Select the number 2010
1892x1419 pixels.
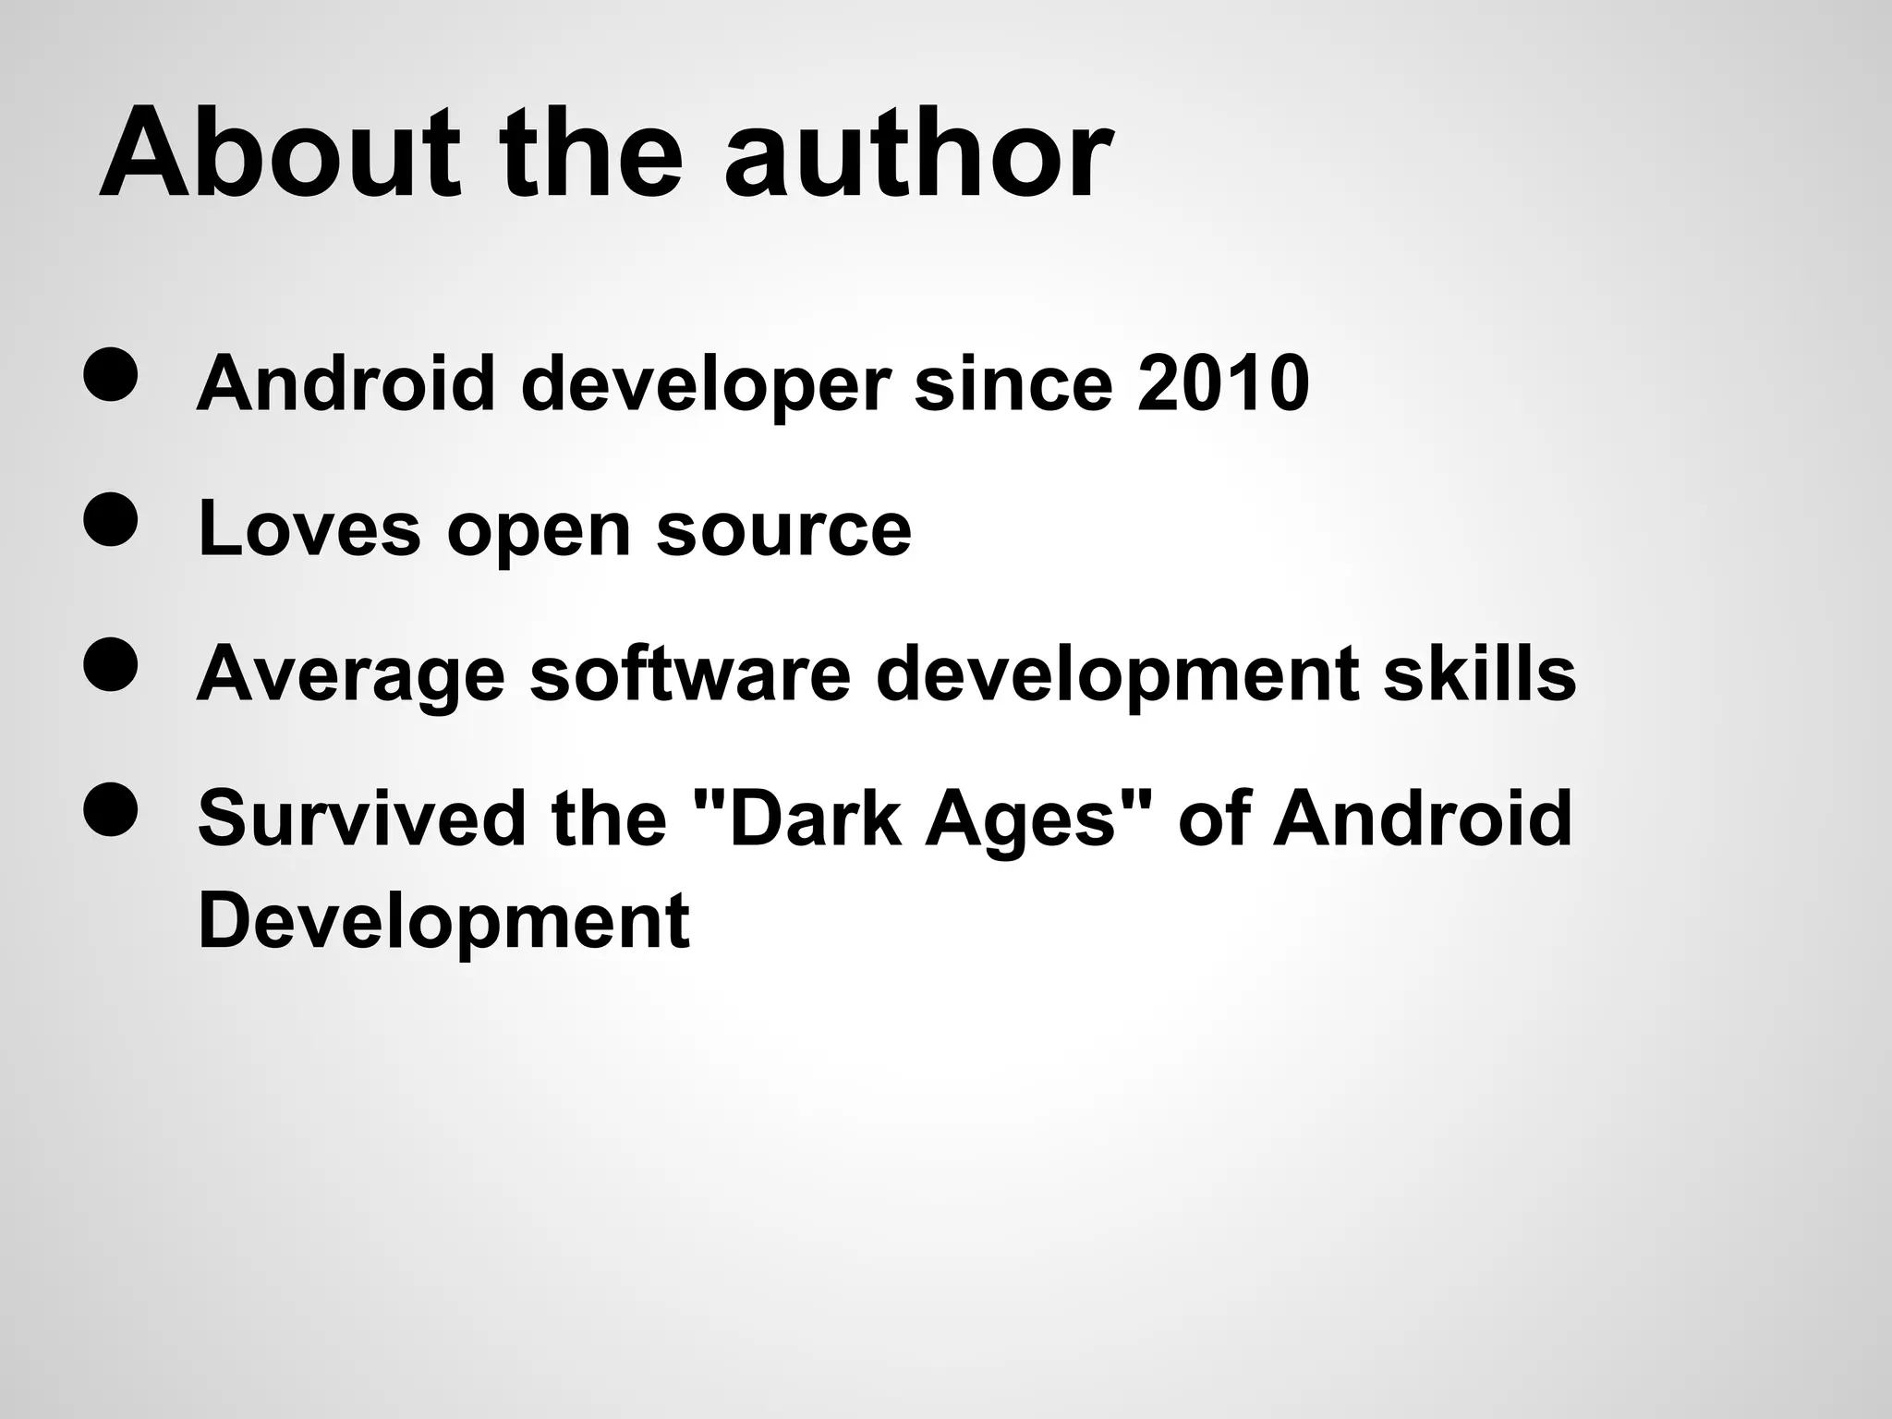pos(1223,383)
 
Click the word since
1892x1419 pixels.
pos(1013,383)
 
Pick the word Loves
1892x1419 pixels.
pos(309,528)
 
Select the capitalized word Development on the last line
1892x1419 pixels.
pos(443,921)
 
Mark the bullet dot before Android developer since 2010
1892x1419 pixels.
pos(111,375)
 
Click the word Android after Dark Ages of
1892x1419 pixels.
pos(1423,818)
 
